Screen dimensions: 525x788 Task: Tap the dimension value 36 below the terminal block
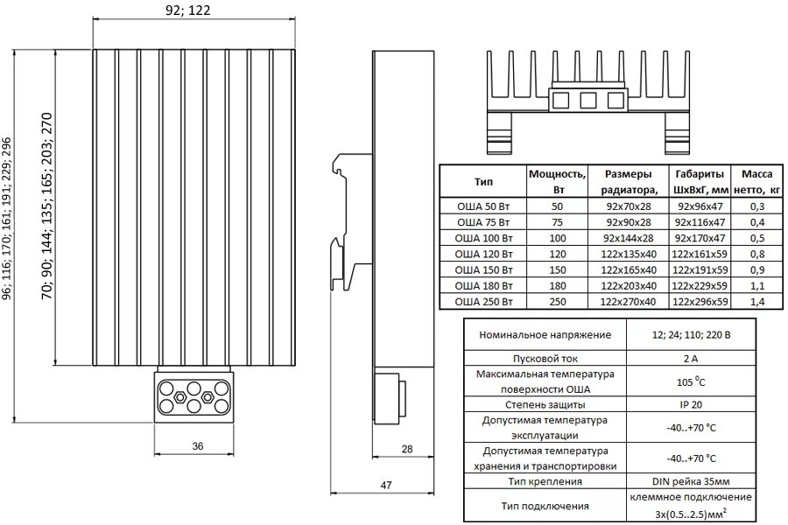197,446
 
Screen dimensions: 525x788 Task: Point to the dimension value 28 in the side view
405,449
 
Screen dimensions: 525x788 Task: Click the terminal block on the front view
194,395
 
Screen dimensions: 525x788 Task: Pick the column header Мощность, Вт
557,181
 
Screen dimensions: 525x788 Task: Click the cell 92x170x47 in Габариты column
700,238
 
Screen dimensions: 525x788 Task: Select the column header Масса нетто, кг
756,181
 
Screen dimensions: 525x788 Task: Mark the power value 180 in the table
557,285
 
